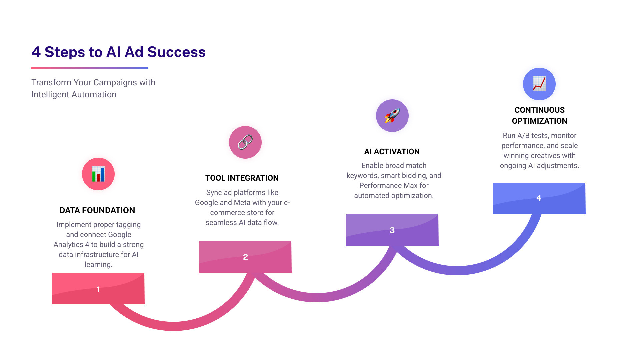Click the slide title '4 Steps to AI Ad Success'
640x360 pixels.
(118, 52)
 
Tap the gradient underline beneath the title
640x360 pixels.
(89, 68)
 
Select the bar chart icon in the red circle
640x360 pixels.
(98, 174)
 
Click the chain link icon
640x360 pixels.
(245, 142)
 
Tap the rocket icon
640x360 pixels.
(392, 116)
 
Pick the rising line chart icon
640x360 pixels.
(539, 84)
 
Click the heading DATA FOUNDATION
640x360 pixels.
(97, 210)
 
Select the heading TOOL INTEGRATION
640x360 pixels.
(242, 178)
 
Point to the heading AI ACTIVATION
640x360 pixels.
(392, 152)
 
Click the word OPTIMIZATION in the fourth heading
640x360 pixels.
(539, 121)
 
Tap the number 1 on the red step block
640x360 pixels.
(98, 289)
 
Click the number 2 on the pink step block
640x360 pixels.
(245, 257)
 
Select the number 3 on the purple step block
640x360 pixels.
(392, 230)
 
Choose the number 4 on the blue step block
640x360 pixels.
(539, 198)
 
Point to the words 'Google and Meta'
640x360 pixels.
(222, 203)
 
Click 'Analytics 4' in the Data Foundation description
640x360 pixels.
(71, 245)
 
